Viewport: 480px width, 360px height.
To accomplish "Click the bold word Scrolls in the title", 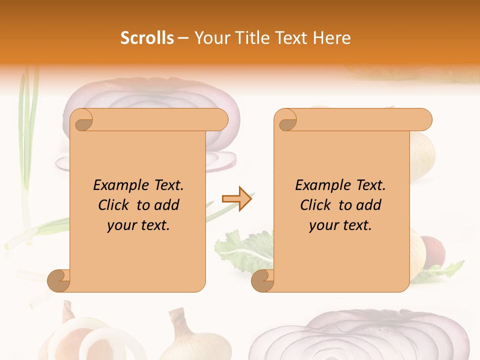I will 147,38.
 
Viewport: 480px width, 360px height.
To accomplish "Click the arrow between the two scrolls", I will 236,199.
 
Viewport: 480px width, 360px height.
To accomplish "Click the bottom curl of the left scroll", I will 59,280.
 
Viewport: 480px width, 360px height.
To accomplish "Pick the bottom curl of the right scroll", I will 263,280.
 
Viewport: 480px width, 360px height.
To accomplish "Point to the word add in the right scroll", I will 369,205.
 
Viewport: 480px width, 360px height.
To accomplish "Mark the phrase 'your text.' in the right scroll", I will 340,225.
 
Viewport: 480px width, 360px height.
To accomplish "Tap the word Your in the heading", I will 209,38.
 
